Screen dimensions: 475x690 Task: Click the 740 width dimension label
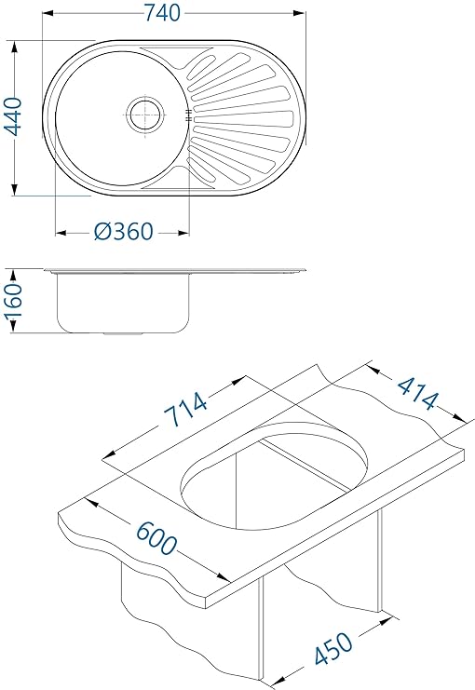(x=162, y=13)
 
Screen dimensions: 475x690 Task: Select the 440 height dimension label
(x=13, y=116)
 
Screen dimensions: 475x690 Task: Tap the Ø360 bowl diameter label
(x=124, y=232)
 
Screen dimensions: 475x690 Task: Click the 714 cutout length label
(x=185, y=409)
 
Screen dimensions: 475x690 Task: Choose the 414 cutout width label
(x=418, y=393)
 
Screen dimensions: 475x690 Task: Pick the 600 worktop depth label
(x=156, y=537)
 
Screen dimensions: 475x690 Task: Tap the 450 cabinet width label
(x=333, y=648)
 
